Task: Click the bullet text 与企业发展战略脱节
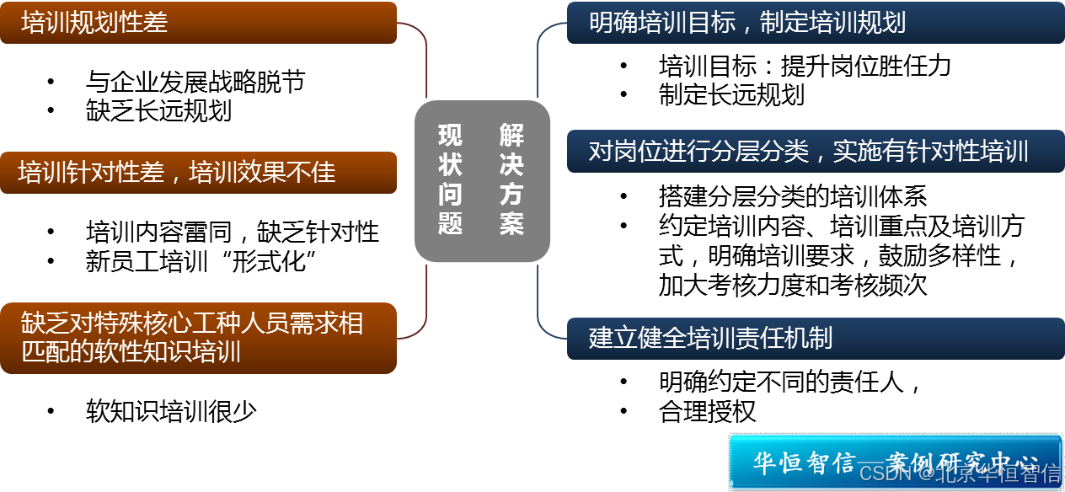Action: [x=195, y=82]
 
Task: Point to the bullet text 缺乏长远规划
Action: [x=158, y=110]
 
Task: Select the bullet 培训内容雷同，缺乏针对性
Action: [x=232, y=232]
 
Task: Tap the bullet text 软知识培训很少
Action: [x=171, y=411]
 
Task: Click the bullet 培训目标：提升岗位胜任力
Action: [x=805, y=66]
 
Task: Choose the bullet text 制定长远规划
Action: [x=731, y=94]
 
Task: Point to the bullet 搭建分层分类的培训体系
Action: [x=792, y=197]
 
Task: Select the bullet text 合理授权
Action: [x=707, y=411]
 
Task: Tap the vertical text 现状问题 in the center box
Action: [x=450, y=179]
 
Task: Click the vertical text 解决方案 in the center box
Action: [x=511, y=179]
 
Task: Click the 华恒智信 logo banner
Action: [x=894, y=461]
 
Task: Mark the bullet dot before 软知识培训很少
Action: [x=51, y=412]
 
